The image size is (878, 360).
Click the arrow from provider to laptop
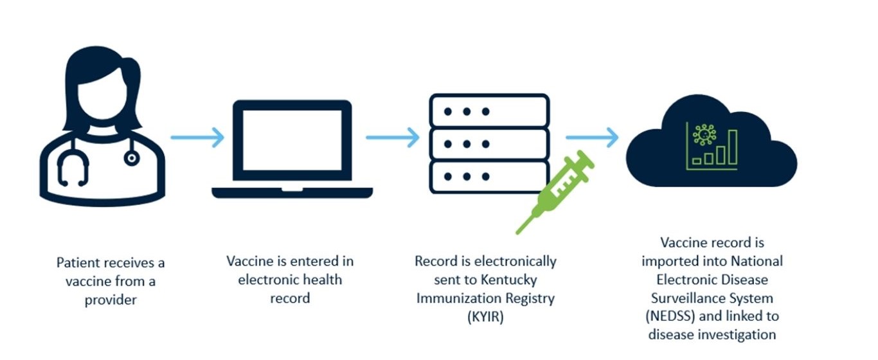197,137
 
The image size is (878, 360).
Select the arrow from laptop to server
393,137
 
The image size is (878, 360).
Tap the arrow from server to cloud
592,137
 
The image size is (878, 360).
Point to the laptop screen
292,139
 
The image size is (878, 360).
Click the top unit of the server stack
489,111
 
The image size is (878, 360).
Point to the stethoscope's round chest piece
132,157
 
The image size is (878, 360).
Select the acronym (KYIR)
486,316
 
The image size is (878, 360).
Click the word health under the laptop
325,280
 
